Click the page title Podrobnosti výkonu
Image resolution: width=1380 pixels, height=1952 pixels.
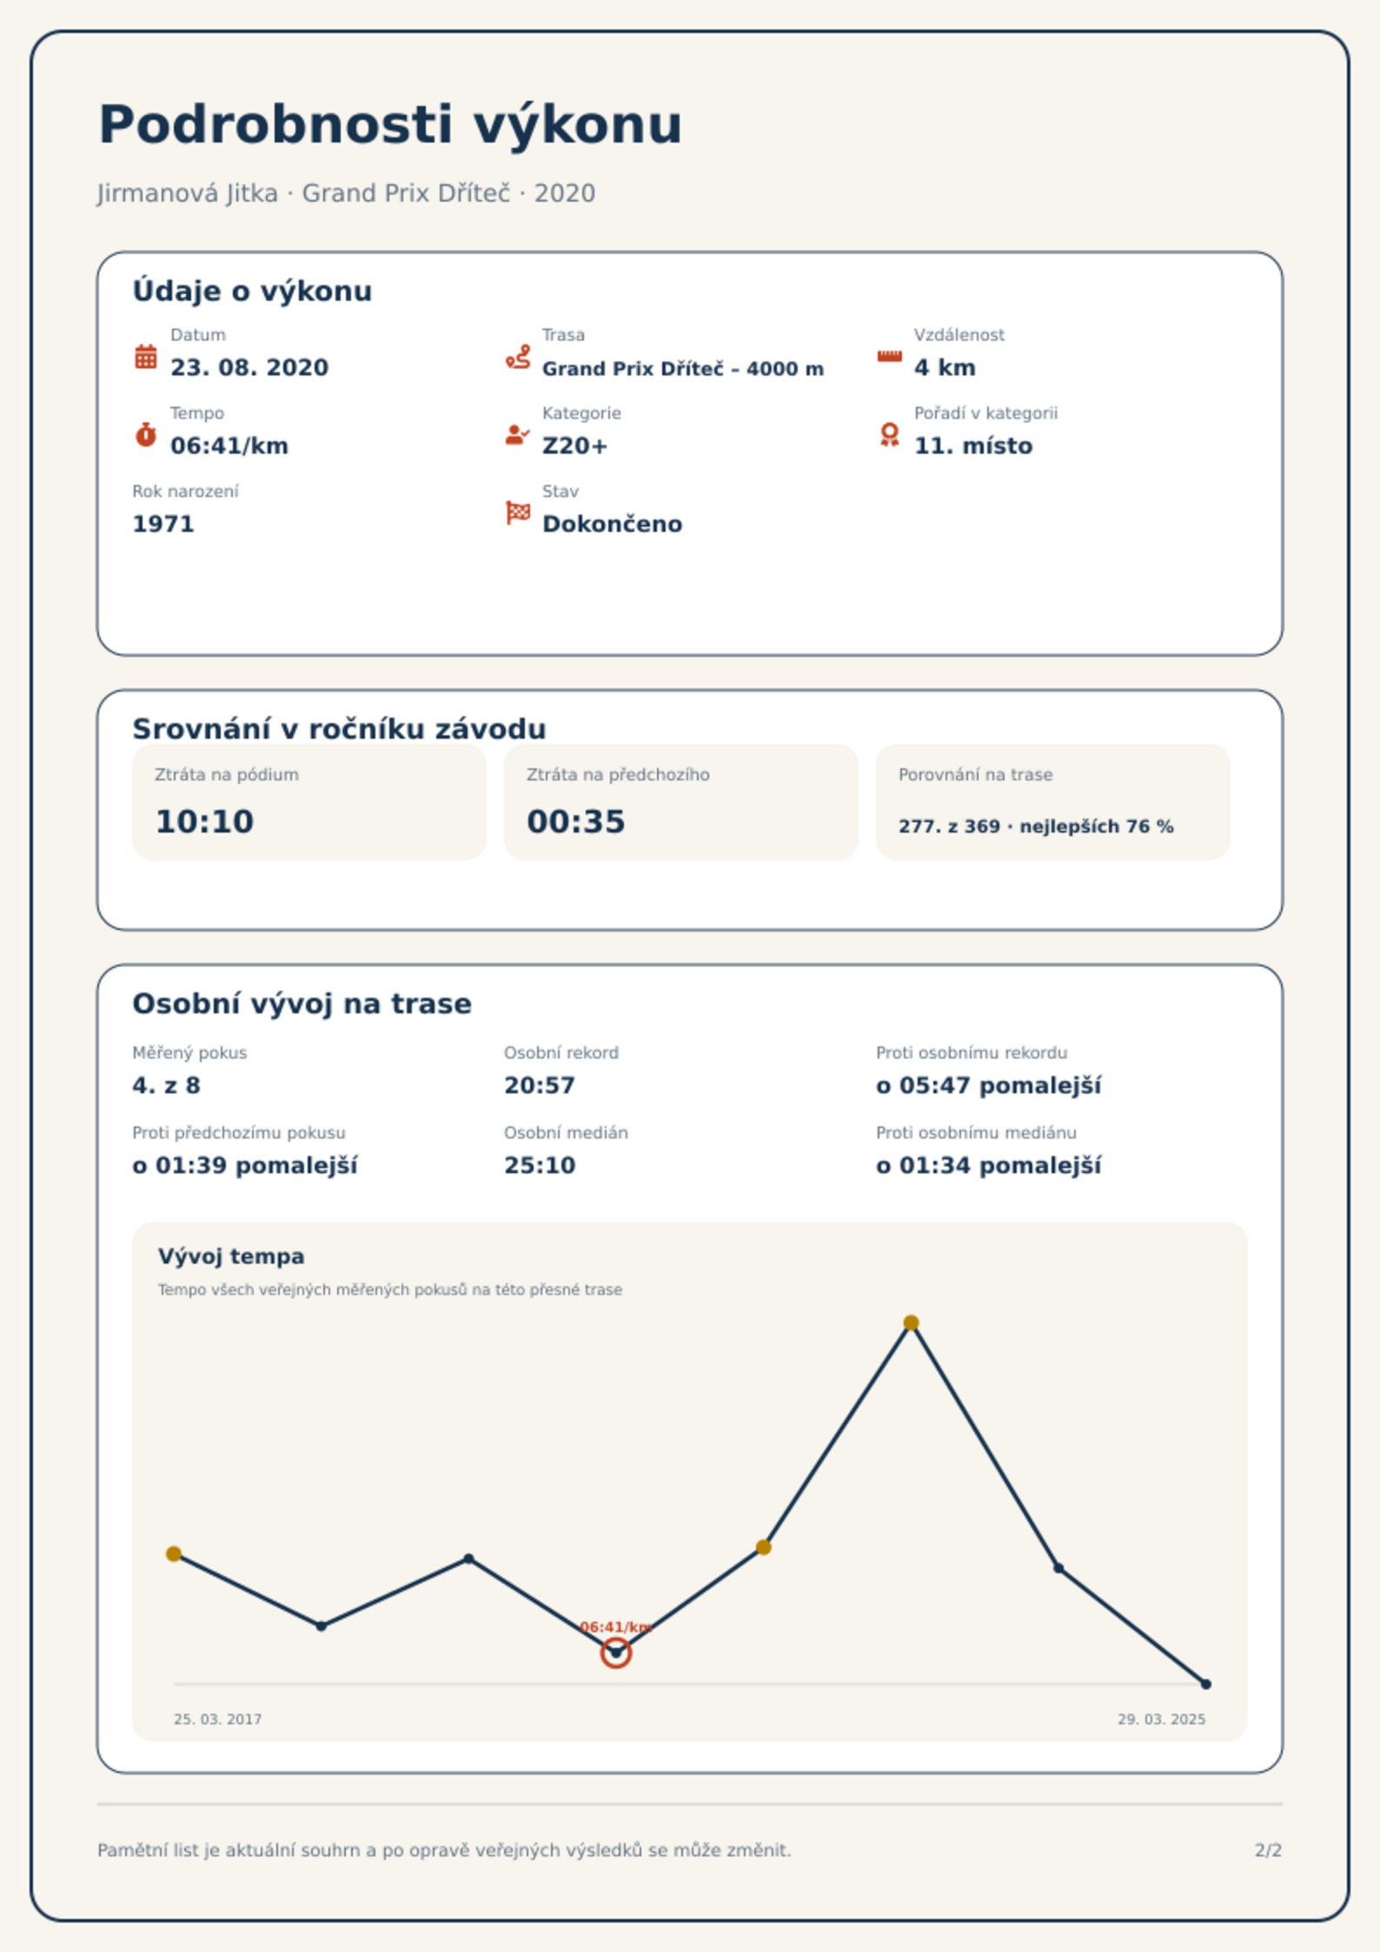(x=390, y=125)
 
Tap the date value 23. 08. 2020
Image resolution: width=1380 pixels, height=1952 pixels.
(x=249, y=368)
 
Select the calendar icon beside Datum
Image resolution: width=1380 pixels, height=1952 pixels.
(x=146, y=356)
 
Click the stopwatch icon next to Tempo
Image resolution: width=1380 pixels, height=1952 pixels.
(x=146, y=435)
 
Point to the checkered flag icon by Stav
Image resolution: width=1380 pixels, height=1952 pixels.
(x=518, y=513)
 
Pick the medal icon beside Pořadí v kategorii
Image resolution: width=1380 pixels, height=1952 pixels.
(x=889, y=435)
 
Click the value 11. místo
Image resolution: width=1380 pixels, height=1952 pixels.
(x=973, y=446)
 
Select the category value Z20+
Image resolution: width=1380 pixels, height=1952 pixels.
(x=574, y=446)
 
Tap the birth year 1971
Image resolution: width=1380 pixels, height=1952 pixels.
(x=163, y=524)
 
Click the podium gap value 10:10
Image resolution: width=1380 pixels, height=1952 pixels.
(x=204, y=821)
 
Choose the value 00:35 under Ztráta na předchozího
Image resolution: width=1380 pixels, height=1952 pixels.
(x=576, y=821)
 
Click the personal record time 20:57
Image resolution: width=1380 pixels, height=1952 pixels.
(x=540, y=1086)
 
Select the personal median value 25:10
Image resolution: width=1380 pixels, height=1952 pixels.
(x=540, y=1165)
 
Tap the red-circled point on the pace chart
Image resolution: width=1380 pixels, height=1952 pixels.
(x=616, y=1652)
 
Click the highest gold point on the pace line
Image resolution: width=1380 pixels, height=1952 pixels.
(x=911, y=1323)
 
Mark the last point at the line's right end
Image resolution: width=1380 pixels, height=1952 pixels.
(x=1205, y=1684)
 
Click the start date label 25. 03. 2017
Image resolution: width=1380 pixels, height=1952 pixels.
(x=217, y=1719)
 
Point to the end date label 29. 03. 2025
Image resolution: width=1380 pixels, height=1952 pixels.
(x=1161, y=1719)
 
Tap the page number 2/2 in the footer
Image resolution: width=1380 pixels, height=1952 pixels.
(x=1268, y=1850)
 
